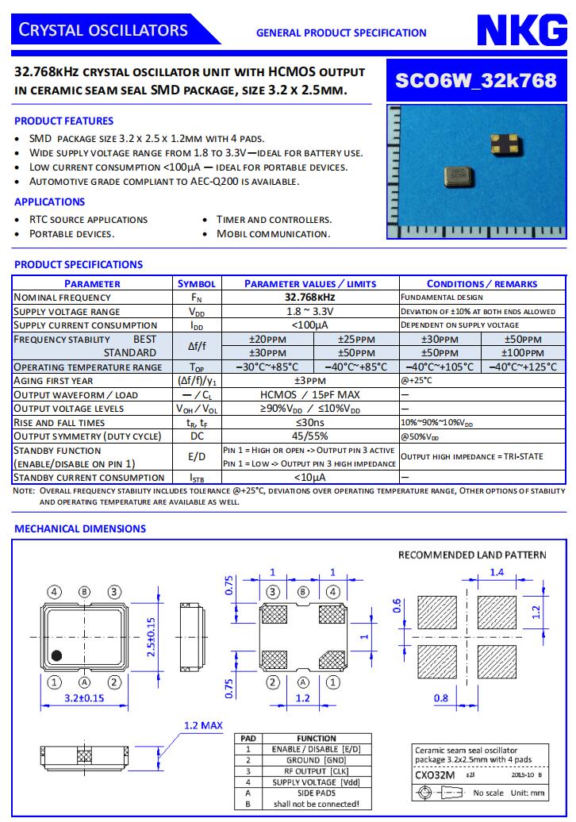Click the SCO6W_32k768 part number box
pyautogui.click(x=476, y=80)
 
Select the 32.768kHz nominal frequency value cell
pyautogui.click(x=309, y=298)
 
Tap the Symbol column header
pyautogui.click(x=197, y=283)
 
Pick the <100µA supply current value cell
pyautogui.click(x=309, y=325)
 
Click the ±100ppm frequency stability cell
pyautogui.click(x=523, y=353)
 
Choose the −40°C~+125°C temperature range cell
pyautogui.click(x=523, y=367)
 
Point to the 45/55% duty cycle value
pyautogui.click(x=309, y=436)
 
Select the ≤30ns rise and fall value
pyautogui.click(x=309, y=423)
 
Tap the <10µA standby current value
pyautogui.click(x=309, y=478)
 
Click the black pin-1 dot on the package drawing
pyautogui.click(x=56, y=655)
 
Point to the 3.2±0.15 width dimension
pyautogui.click(x=84, y=699)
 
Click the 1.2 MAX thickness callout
pyautogui.click(x=203, y=725)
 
